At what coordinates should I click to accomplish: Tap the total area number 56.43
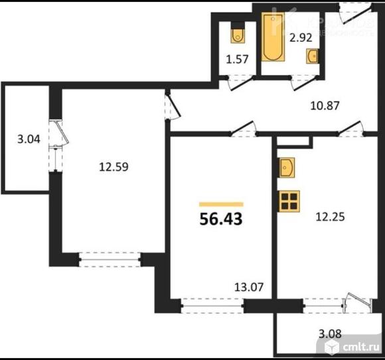click(x=221, y=219)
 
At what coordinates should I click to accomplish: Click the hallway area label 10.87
click(x=328, y=103)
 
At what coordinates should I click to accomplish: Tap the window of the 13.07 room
click(x=211, y=306)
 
